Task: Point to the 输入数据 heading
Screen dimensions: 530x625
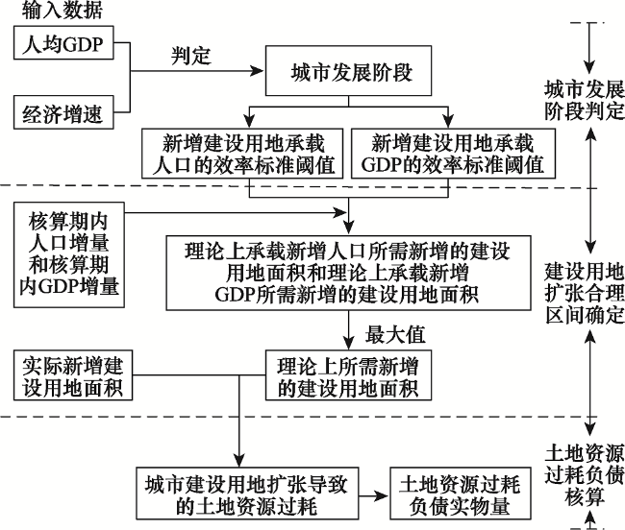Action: point(56,12)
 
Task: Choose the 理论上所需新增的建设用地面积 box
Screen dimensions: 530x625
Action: point(348,375)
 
